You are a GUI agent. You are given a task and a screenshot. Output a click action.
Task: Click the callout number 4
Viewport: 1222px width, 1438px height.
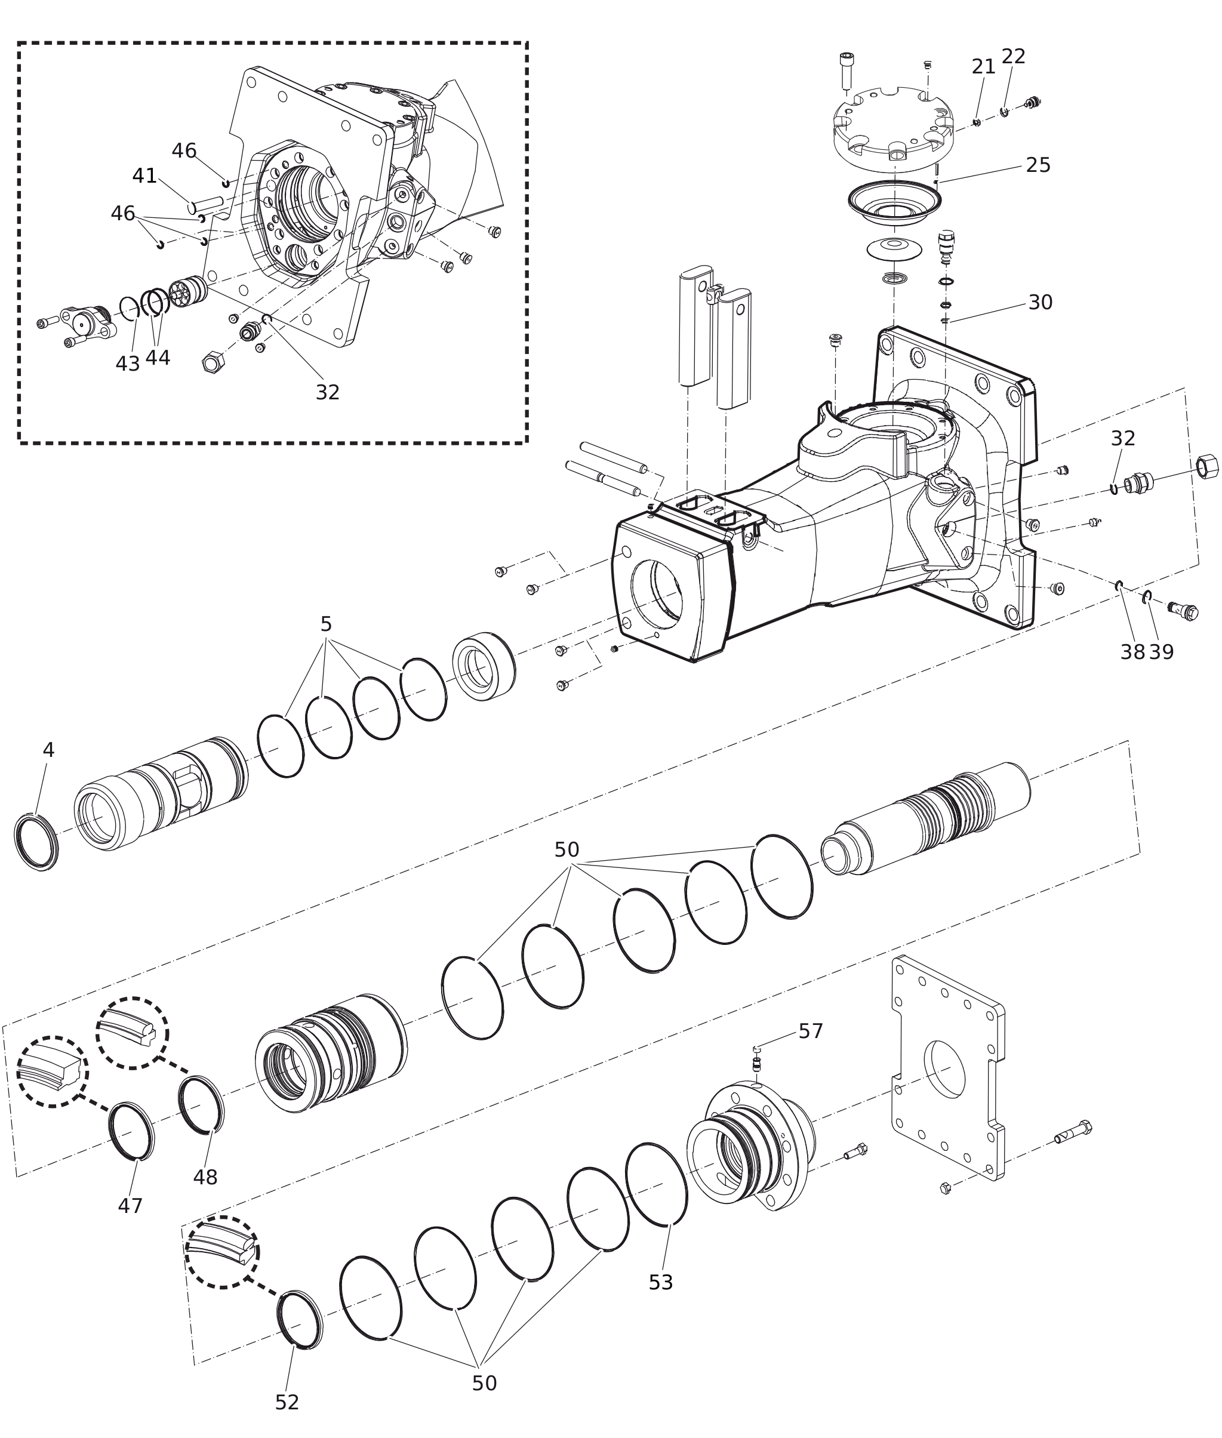(x=48, y=750)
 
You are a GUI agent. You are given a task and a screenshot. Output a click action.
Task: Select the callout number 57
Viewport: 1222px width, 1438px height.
(x=811, y=1031)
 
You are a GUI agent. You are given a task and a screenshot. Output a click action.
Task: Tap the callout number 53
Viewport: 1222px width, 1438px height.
(x=660, y=1282)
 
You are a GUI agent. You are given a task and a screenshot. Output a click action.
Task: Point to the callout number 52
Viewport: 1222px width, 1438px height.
(x=287, y=1402)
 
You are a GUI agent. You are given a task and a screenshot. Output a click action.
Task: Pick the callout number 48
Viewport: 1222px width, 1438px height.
(x=205, y=1177)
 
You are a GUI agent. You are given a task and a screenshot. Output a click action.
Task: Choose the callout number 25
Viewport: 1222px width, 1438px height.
(x=1038, y=165)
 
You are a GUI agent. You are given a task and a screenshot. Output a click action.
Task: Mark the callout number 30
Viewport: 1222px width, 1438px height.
(x=1040, y=302)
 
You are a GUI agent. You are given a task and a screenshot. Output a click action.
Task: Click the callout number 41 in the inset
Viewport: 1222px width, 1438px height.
(x=145, y=176)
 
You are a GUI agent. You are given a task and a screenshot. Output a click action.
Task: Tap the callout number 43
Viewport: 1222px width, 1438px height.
(x=128, y=364)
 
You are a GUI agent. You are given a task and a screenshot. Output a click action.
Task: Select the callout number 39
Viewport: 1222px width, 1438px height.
(x=1161, y=652)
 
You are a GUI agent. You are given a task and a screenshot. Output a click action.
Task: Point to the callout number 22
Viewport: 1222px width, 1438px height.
(x=1013, y=56)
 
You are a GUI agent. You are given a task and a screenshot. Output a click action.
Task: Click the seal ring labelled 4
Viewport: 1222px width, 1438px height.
(x=36, y=842)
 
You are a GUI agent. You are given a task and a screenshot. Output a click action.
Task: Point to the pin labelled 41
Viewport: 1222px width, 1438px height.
(x=206, y=204)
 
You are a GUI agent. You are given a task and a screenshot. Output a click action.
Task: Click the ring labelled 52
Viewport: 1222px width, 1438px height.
(x=299, y=1320)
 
